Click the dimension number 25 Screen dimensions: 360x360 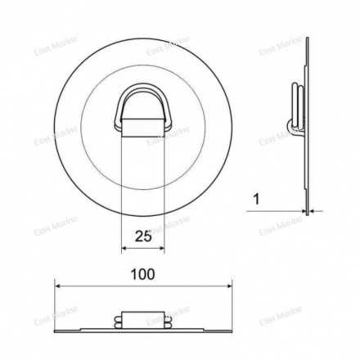[x=143, y=236]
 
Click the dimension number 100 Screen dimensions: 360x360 [x=142, y=274]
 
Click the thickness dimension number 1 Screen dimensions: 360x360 [x=256, y=200]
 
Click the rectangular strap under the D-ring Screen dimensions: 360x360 [x=143, y=128]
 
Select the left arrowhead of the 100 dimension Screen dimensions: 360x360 [x=58, y=286]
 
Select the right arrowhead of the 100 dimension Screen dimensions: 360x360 [x=228, y=286]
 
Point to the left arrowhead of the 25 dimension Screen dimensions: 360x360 [x=124, y=248]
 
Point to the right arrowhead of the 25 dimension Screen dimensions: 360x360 [x=161, y=248]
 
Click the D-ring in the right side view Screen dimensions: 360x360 [x=298, y=106]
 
